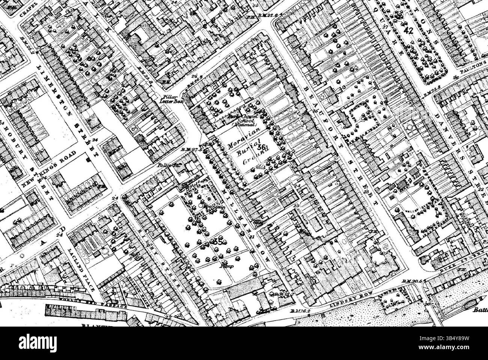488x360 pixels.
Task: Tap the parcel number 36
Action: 262,148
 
